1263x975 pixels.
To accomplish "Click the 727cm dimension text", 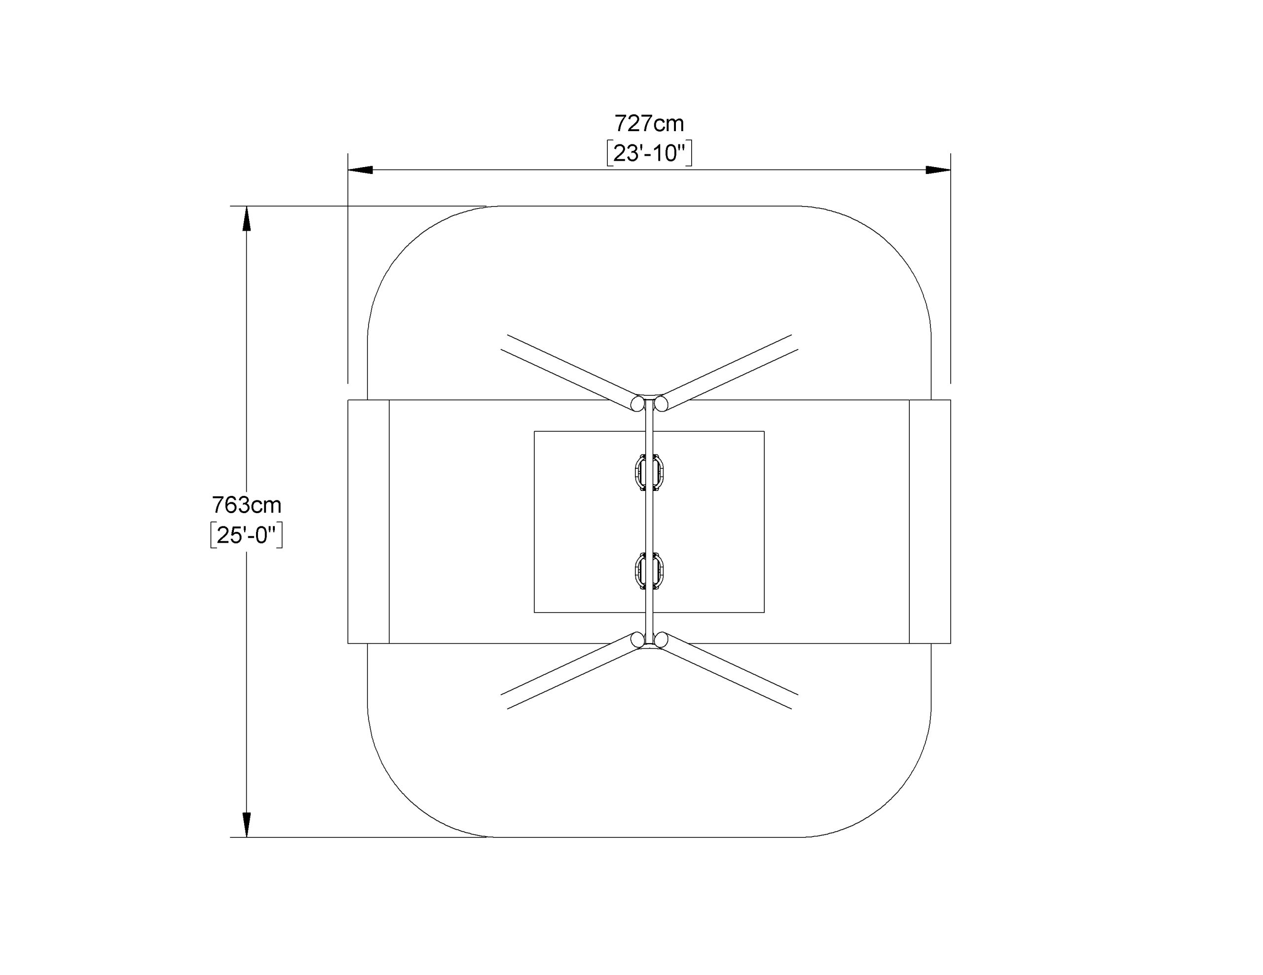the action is [x=649, y=124].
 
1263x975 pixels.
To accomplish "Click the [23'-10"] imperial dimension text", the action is [x=649, y=153].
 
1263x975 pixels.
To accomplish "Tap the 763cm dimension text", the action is [x=246, y=505].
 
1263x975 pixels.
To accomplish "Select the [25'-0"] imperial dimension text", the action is [x=246, y=535].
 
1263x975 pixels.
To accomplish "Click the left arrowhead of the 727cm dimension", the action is [x=360, y=170].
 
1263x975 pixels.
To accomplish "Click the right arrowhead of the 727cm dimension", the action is [x=938, y=170].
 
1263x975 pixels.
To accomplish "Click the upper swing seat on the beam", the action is [x=649, y=473].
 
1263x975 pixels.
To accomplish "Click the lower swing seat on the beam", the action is [x=649, y=571].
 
